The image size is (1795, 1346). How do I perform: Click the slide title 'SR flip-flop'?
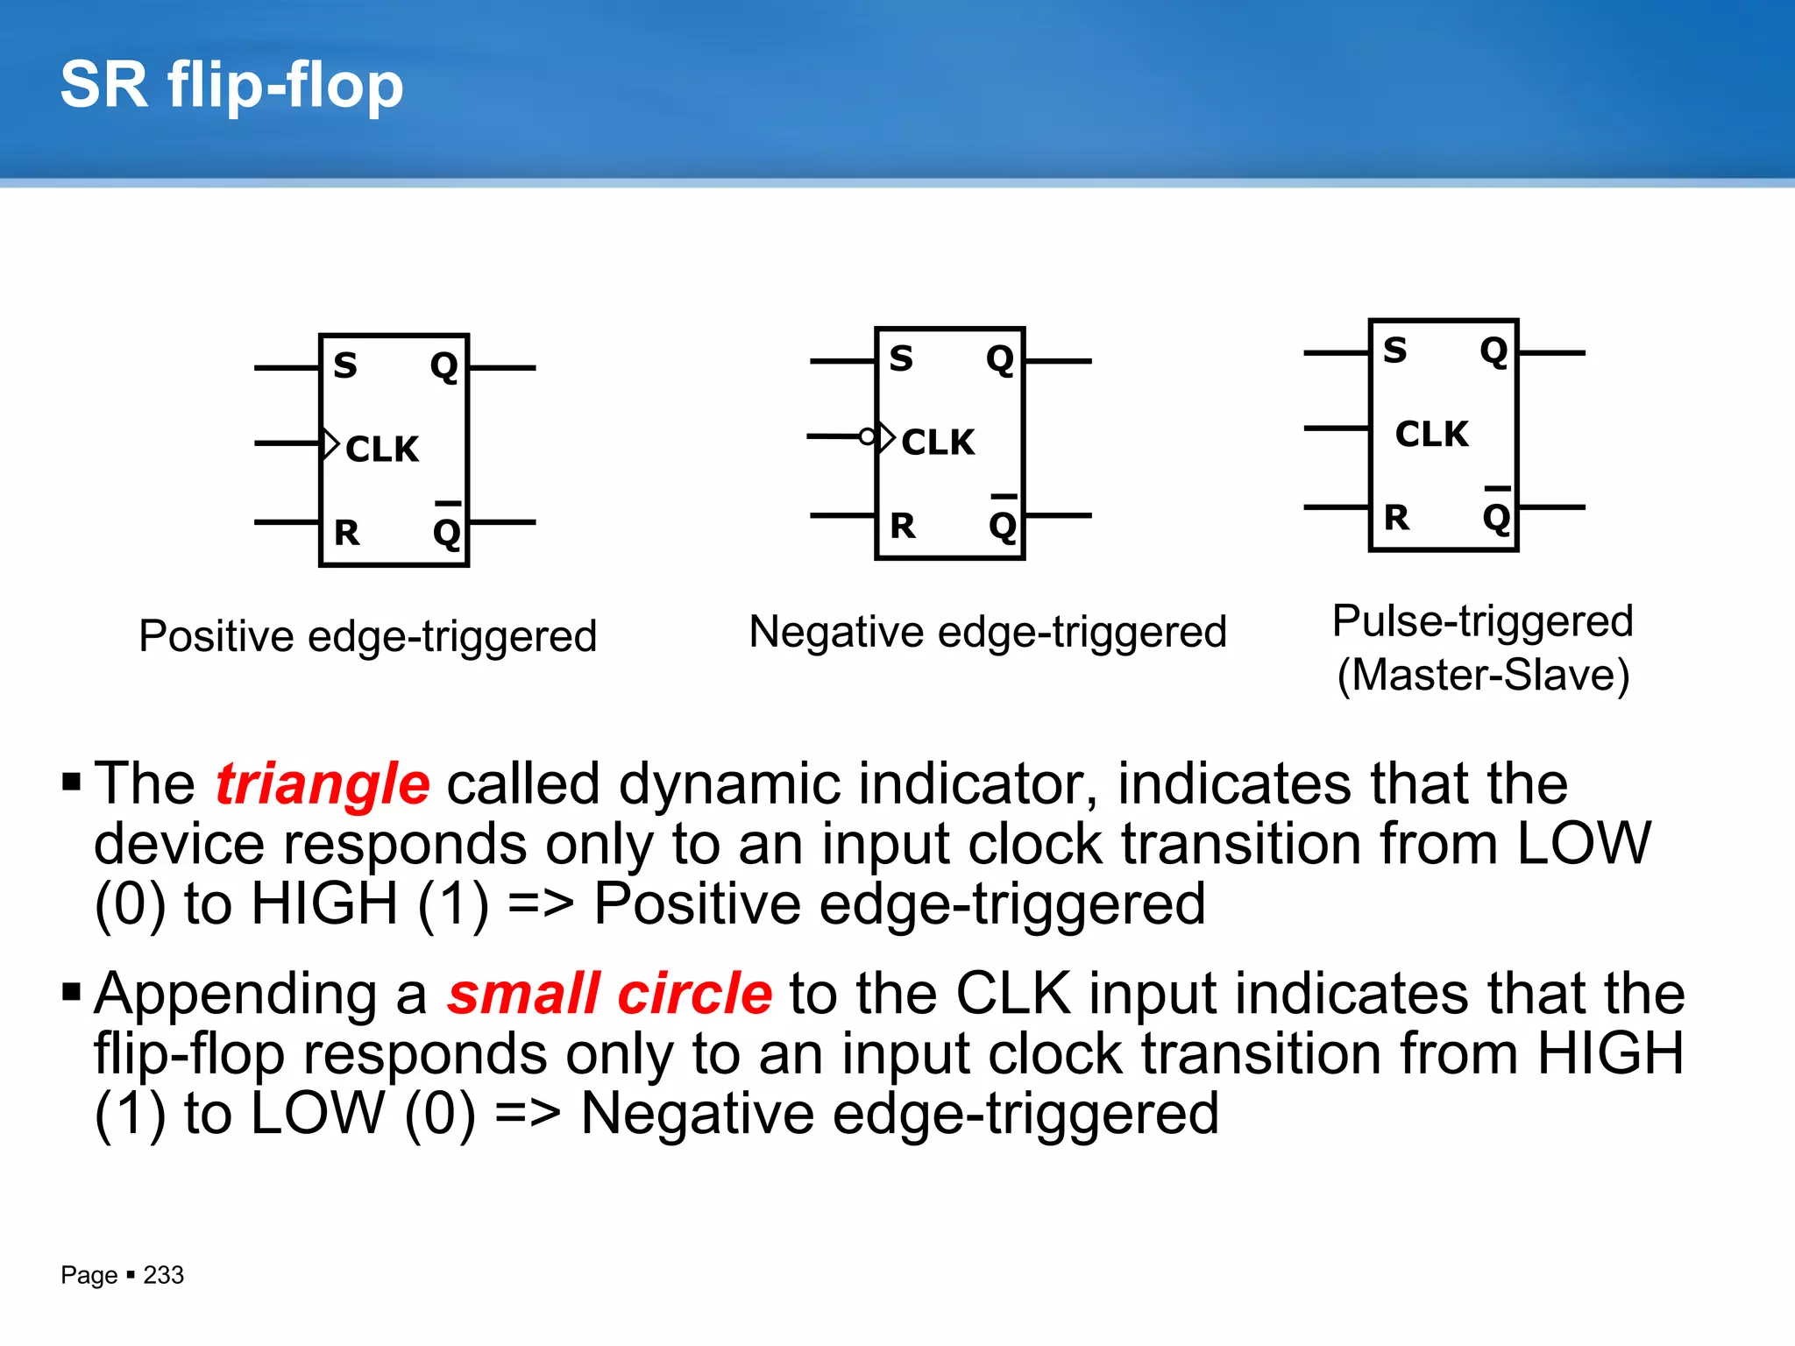tap(231, 86)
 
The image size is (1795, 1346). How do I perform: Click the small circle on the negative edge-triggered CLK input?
tap(867, 436)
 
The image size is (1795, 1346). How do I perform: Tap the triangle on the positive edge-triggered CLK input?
tap(330, 443)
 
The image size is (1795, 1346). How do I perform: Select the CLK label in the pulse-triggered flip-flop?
tap(1431, 434)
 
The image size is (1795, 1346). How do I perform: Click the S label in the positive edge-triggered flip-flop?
tap(345, 365)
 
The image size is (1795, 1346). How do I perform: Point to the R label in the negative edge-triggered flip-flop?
tap(902, 526)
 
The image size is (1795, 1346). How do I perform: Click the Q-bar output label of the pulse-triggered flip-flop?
tap(1496, 515)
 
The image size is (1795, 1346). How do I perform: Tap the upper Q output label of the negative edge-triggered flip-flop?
tap(999, 359)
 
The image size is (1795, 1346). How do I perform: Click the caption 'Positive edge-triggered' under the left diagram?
tap(367, 635)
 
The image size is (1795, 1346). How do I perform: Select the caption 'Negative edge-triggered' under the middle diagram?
tap(988, 632)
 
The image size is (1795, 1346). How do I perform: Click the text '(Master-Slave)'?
tap(1483, 675)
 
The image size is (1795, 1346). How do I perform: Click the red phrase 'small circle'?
tap(610, 994)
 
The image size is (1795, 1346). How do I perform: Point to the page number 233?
tap(164, 1275)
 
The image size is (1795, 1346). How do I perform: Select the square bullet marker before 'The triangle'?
tap(72, 780)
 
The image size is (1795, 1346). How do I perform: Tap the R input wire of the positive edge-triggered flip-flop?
tap(287, 522)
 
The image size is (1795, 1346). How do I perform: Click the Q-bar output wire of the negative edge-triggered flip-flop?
tap(1059, 515)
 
